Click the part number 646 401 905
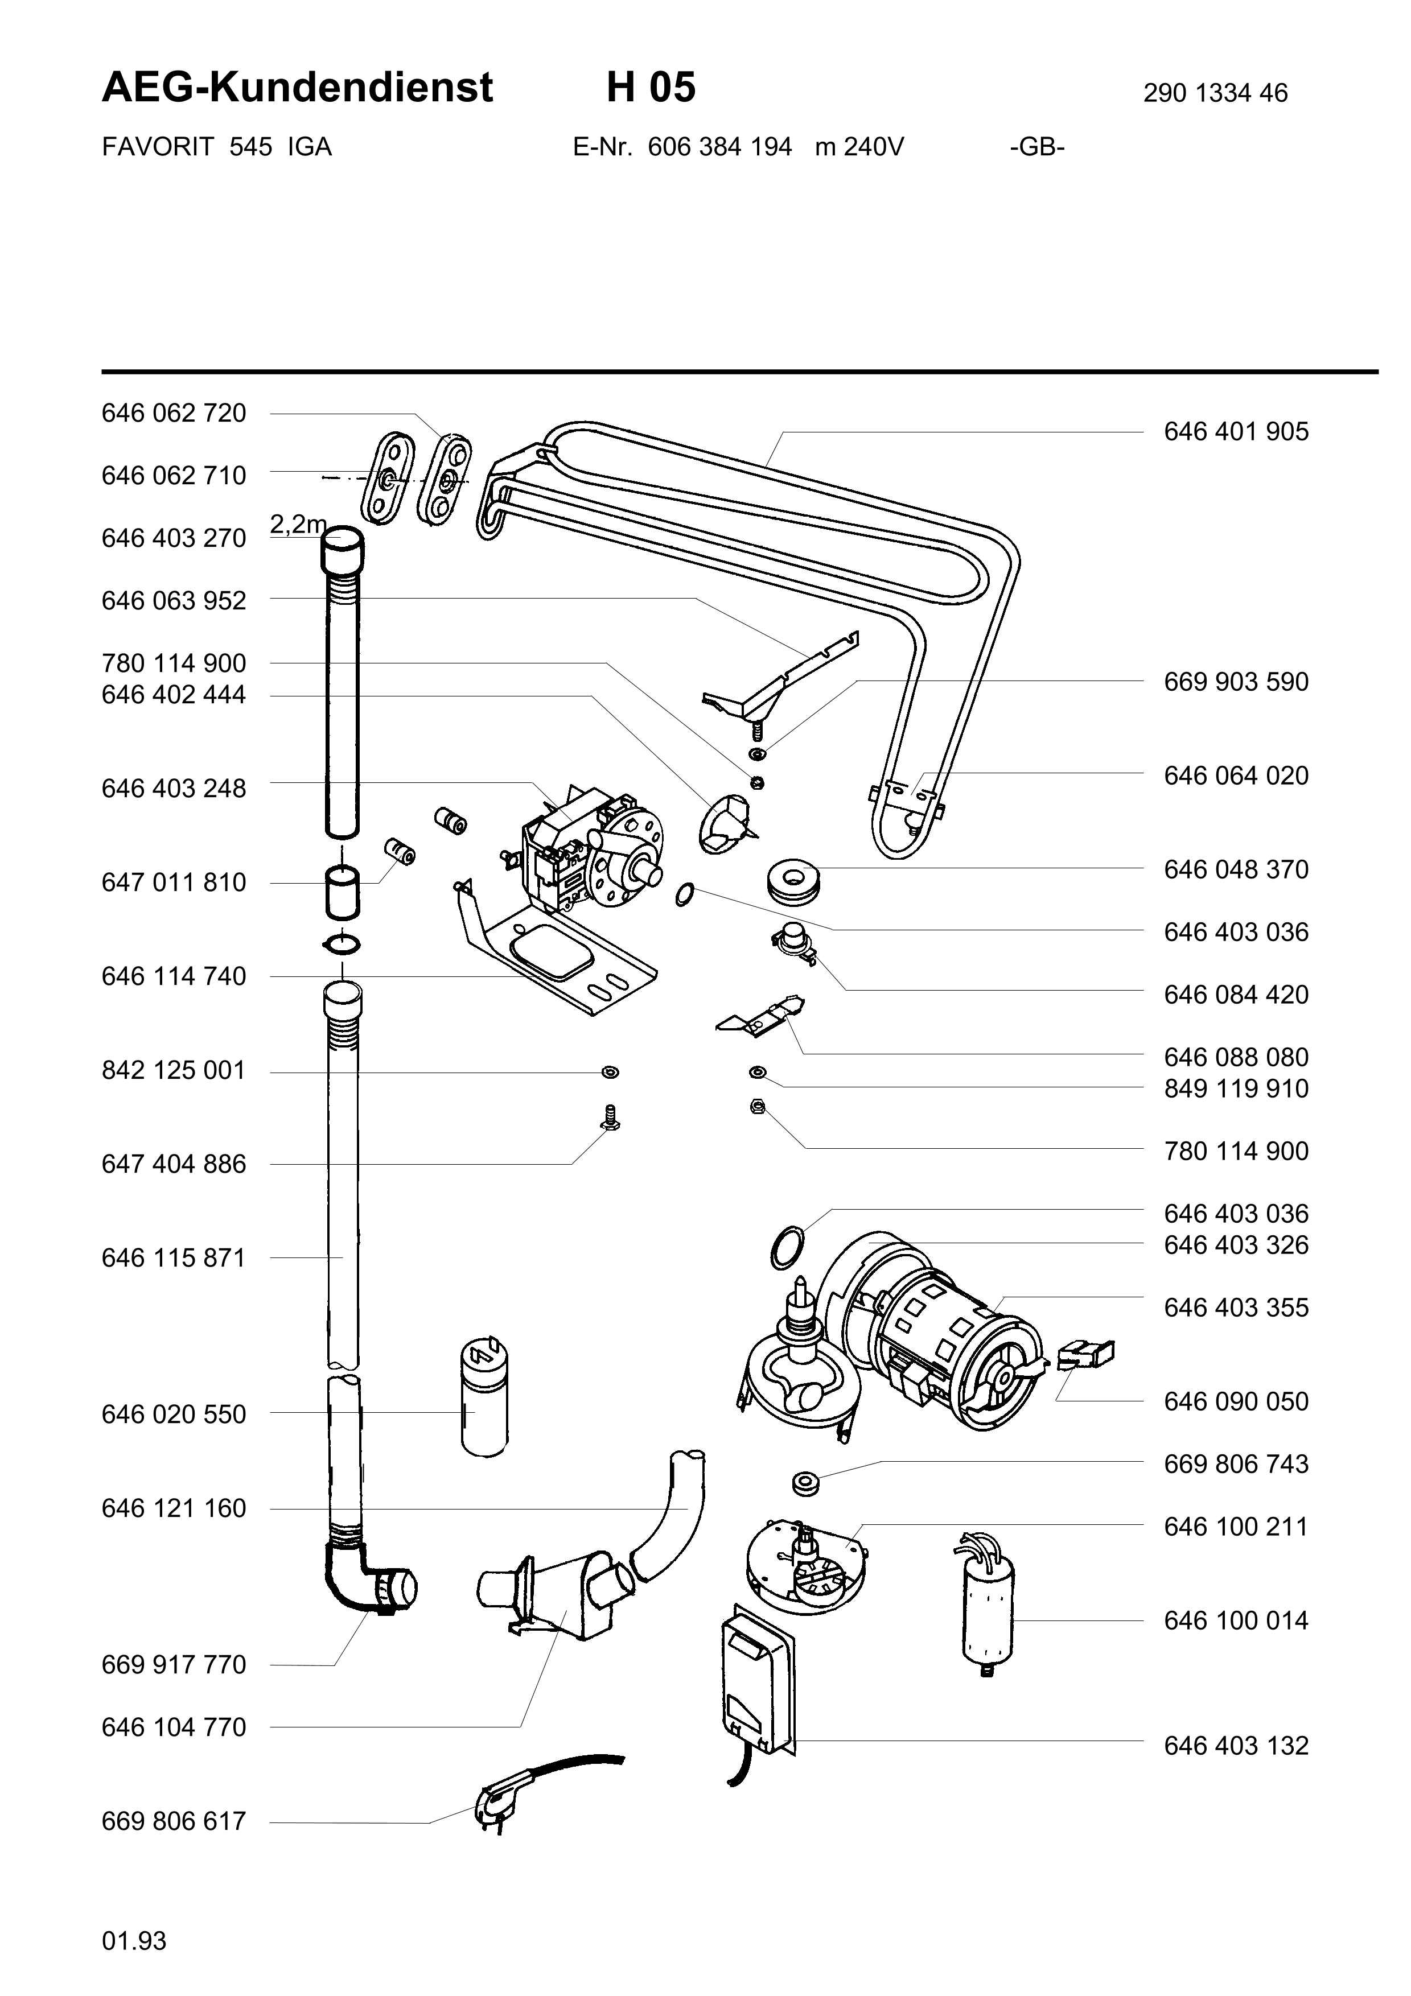[1235, 432]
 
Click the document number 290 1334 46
[1215, 93]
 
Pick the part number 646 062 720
[174, 413]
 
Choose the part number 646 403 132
[1235, 1746]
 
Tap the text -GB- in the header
[1037, 147]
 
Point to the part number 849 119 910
[1235, 1088]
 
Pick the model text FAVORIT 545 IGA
[216, 147]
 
